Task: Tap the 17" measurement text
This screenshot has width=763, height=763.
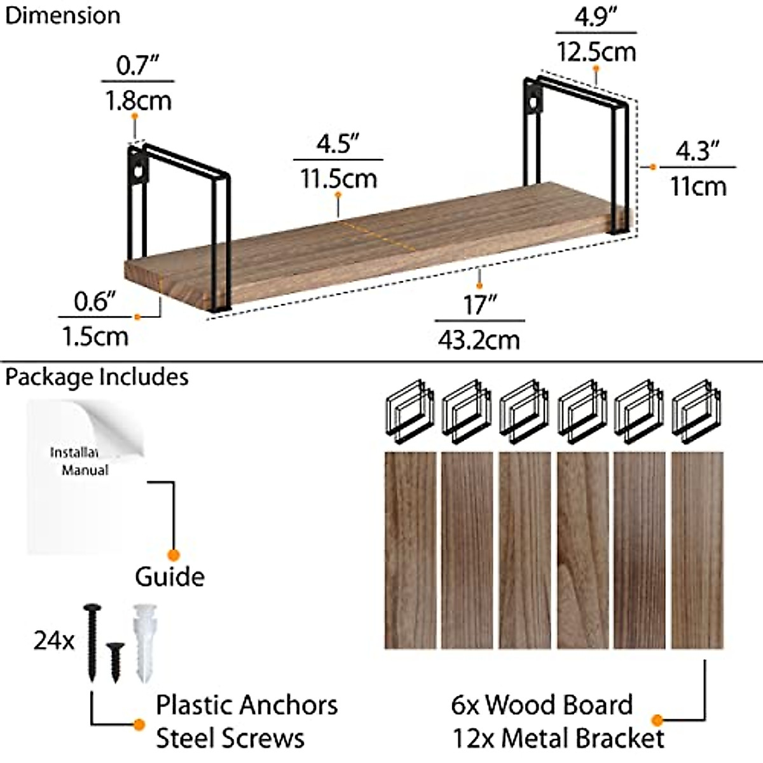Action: (479, 305)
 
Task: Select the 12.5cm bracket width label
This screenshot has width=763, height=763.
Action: (596, 51)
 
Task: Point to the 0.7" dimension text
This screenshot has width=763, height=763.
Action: (137, 65)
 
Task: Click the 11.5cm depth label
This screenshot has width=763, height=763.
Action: (338, 178)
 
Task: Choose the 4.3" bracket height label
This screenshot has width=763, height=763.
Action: (698, 151)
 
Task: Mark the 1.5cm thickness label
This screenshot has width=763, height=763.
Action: (95, 336)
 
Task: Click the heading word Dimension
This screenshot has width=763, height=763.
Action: (62, 15)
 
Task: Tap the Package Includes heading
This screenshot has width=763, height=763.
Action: (97, 377)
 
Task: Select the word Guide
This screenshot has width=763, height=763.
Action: (170, 577)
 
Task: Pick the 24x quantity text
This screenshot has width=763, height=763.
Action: (54, 640)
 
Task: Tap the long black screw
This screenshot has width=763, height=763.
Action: (92, 642)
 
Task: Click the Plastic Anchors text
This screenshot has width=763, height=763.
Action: (247, 705)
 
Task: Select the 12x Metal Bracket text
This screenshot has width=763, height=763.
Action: (558, 739)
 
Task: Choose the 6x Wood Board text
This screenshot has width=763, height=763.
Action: (542, 705)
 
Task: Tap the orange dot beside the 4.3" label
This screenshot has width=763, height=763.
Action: (652, 167)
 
